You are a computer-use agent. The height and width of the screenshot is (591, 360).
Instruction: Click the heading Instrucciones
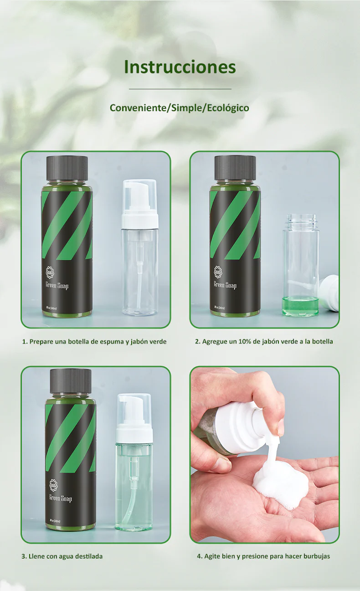[180, 67]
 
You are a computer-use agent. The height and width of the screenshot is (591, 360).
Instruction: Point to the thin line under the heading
[180, 89]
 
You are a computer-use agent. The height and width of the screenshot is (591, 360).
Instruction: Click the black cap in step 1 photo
[67, 168]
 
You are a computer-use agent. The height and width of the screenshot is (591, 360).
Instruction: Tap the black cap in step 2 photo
[235, 168]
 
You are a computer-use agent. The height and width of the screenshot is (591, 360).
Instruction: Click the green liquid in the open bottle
[300, 305]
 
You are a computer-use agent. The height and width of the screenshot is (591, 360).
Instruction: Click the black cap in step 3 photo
[70, 381]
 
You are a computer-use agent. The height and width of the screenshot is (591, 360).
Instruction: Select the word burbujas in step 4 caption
[314, 556]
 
